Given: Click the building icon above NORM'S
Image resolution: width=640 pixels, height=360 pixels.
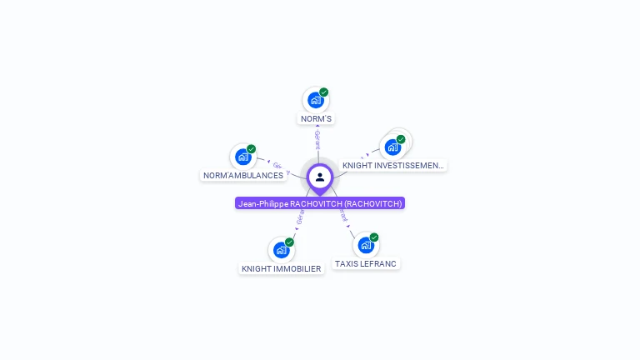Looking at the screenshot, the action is pos(315,101).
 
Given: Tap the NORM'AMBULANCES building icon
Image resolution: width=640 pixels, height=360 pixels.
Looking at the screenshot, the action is pos(242,157).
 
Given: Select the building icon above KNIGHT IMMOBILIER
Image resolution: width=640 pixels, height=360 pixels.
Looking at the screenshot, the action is pos(281,250).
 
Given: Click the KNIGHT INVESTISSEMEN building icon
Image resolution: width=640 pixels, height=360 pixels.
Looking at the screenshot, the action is pos(392,147).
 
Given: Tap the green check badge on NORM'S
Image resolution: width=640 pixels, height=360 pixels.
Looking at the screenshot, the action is pos(324,92).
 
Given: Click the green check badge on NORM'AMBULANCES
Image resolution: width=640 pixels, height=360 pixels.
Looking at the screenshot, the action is pos(252,149).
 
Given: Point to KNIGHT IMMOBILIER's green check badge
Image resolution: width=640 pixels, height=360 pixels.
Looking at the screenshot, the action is pos(290,242).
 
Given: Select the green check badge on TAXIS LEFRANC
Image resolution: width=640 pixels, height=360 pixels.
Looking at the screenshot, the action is pos(374,237).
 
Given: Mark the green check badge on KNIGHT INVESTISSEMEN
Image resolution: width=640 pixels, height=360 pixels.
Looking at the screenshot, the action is pos(401,139).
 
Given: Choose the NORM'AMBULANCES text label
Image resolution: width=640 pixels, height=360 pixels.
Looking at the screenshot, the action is pos(243,176).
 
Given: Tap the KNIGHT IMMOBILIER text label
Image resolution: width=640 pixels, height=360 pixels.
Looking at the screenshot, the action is pos(281,269).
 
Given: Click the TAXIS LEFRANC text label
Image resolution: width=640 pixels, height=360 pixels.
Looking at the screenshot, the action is pos(366,264).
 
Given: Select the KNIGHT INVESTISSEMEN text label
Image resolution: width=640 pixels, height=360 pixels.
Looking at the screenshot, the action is pos(393,166).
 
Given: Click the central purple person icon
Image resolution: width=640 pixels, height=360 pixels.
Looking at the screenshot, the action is pos(320,177).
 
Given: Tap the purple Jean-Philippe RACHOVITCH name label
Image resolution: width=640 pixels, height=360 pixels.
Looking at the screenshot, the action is pos(320,203).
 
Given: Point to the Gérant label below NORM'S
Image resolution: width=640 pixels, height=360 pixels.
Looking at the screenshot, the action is pos(317,139).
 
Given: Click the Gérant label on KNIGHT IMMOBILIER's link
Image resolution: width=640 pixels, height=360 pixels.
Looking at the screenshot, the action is pos(299,217).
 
